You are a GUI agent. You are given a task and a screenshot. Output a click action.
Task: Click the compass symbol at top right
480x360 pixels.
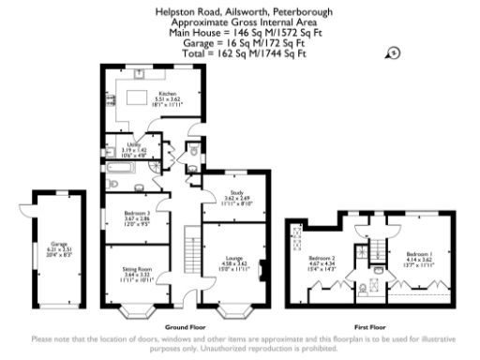pos(393,54)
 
